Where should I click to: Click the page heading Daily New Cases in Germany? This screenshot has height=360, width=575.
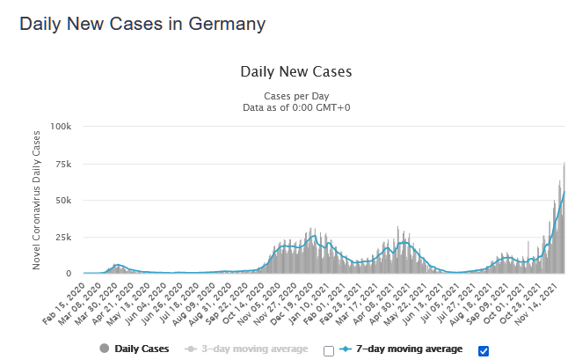point(142,24)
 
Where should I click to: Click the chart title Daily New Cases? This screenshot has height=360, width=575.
point(295,71)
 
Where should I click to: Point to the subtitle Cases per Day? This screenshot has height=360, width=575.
point(295,96)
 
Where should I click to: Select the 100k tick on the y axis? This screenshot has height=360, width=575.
point(62,126)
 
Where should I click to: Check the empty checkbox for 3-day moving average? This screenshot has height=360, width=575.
point(329,350)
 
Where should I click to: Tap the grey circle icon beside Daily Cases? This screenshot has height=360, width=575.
point(106,349)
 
